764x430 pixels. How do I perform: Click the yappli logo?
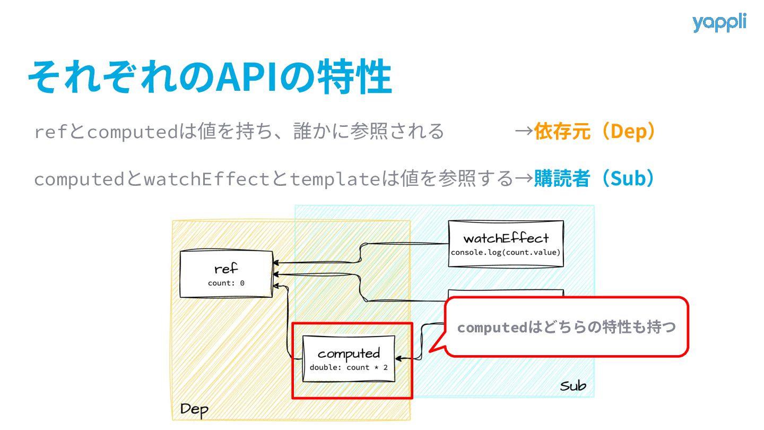point(719,23)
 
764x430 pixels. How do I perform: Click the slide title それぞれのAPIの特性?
point(210,77)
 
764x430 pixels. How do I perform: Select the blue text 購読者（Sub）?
point(594,178)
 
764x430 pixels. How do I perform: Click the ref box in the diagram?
point(226,274)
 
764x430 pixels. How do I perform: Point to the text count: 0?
point(226,283)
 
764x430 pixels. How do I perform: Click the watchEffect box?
point(506,244)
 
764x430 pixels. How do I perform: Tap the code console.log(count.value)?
point(506,252)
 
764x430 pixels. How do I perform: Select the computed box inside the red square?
point(349,358)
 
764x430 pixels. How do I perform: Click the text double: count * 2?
point(349,367)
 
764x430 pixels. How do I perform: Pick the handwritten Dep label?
point(194,410)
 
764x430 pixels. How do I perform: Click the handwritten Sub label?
point(573,386)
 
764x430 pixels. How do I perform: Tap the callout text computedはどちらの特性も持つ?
point(566,327)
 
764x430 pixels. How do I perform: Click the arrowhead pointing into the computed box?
point(398,359)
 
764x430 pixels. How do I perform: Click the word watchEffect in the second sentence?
point(207,179)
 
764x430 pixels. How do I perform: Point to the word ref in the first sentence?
point(50,132)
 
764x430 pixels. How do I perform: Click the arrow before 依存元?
point(524,131)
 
